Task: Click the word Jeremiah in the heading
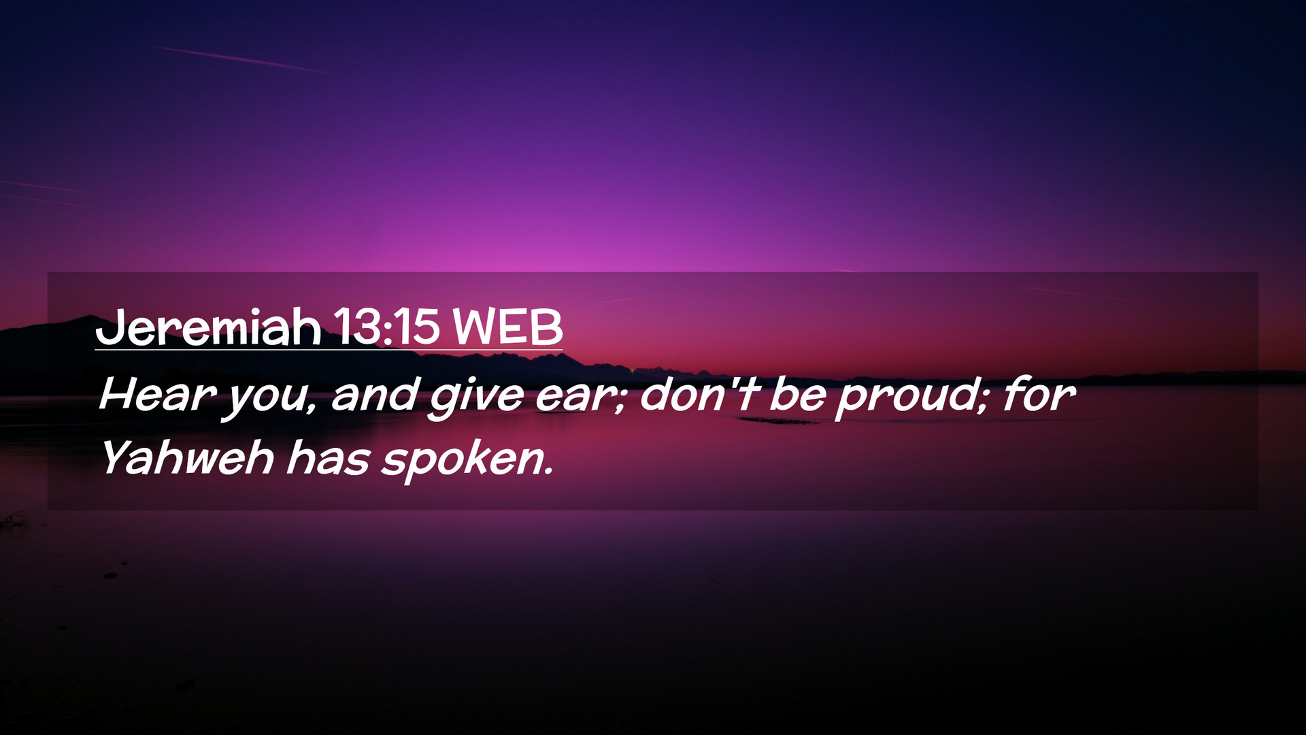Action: [x=208, y=327]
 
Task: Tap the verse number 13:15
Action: [x=386, y=327]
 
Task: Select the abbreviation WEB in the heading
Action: [x=507, y=327]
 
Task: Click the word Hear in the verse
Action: [x=157, y=394]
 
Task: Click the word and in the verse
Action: [x=375, y=394]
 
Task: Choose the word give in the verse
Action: [x=477, y=397]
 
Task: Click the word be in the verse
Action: [x=797, y=394]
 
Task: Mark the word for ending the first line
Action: [x=1039, y=394]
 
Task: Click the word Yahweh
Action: [x=187, y=457]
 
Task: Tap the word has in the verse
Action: [x=328, y=457]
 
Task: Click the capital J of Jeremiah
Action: [x=109, y=327]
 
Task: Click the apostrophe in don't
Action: [x=735, y=382]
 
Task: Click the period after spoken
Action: [x=548, y=471]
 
